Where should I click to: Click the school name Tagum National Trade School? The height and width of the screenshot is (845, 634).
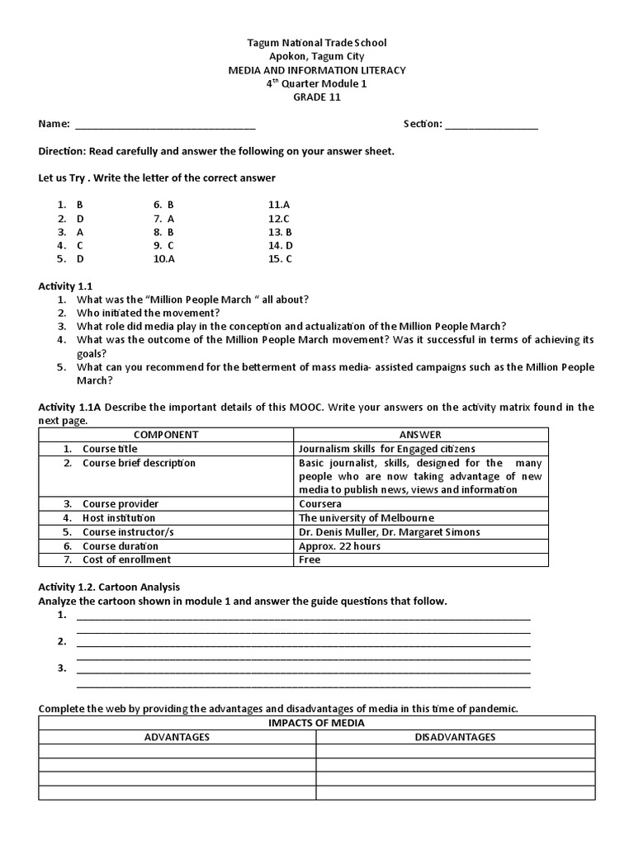(317, 42)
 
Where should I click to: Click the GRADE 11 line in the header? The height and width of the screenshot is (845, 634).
(317, 97)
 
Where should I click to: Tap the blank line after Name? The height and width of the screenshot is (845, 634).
(165, 125)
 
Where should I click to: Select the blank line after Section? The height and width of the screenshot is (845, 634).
(492, 125)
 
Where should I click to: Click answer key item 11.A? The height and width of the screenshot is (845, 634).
(279, 204)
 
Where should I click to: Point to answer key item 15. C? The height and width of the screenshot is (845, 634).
(281, 258)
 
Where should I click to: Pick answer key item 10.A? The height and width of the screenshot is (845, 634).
(164, 258)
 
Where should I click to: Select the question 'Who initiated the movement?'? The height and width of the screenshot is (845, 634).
(149, 313)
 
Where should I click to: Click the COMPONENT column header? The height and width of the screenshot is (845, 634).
(166, 434)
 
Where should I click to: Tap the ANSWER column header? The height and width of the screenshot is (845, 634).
(420, 434)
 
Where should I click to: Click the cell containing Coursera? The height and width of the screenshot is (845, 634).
(320, 503)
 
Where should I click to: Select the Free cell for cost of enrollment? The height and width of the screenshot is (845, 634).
(310, 559)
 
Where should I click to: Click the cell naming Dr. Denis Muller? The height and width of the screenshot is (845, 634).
(389, 531)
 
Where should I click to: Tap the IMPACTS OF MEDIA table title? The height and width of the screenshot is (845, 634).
(316, 723)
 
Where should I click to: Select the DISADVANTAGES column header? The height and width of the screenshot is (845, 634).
(455, 737)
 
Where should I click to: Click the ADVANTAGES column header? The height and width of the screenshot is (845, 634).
(177, 737)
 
